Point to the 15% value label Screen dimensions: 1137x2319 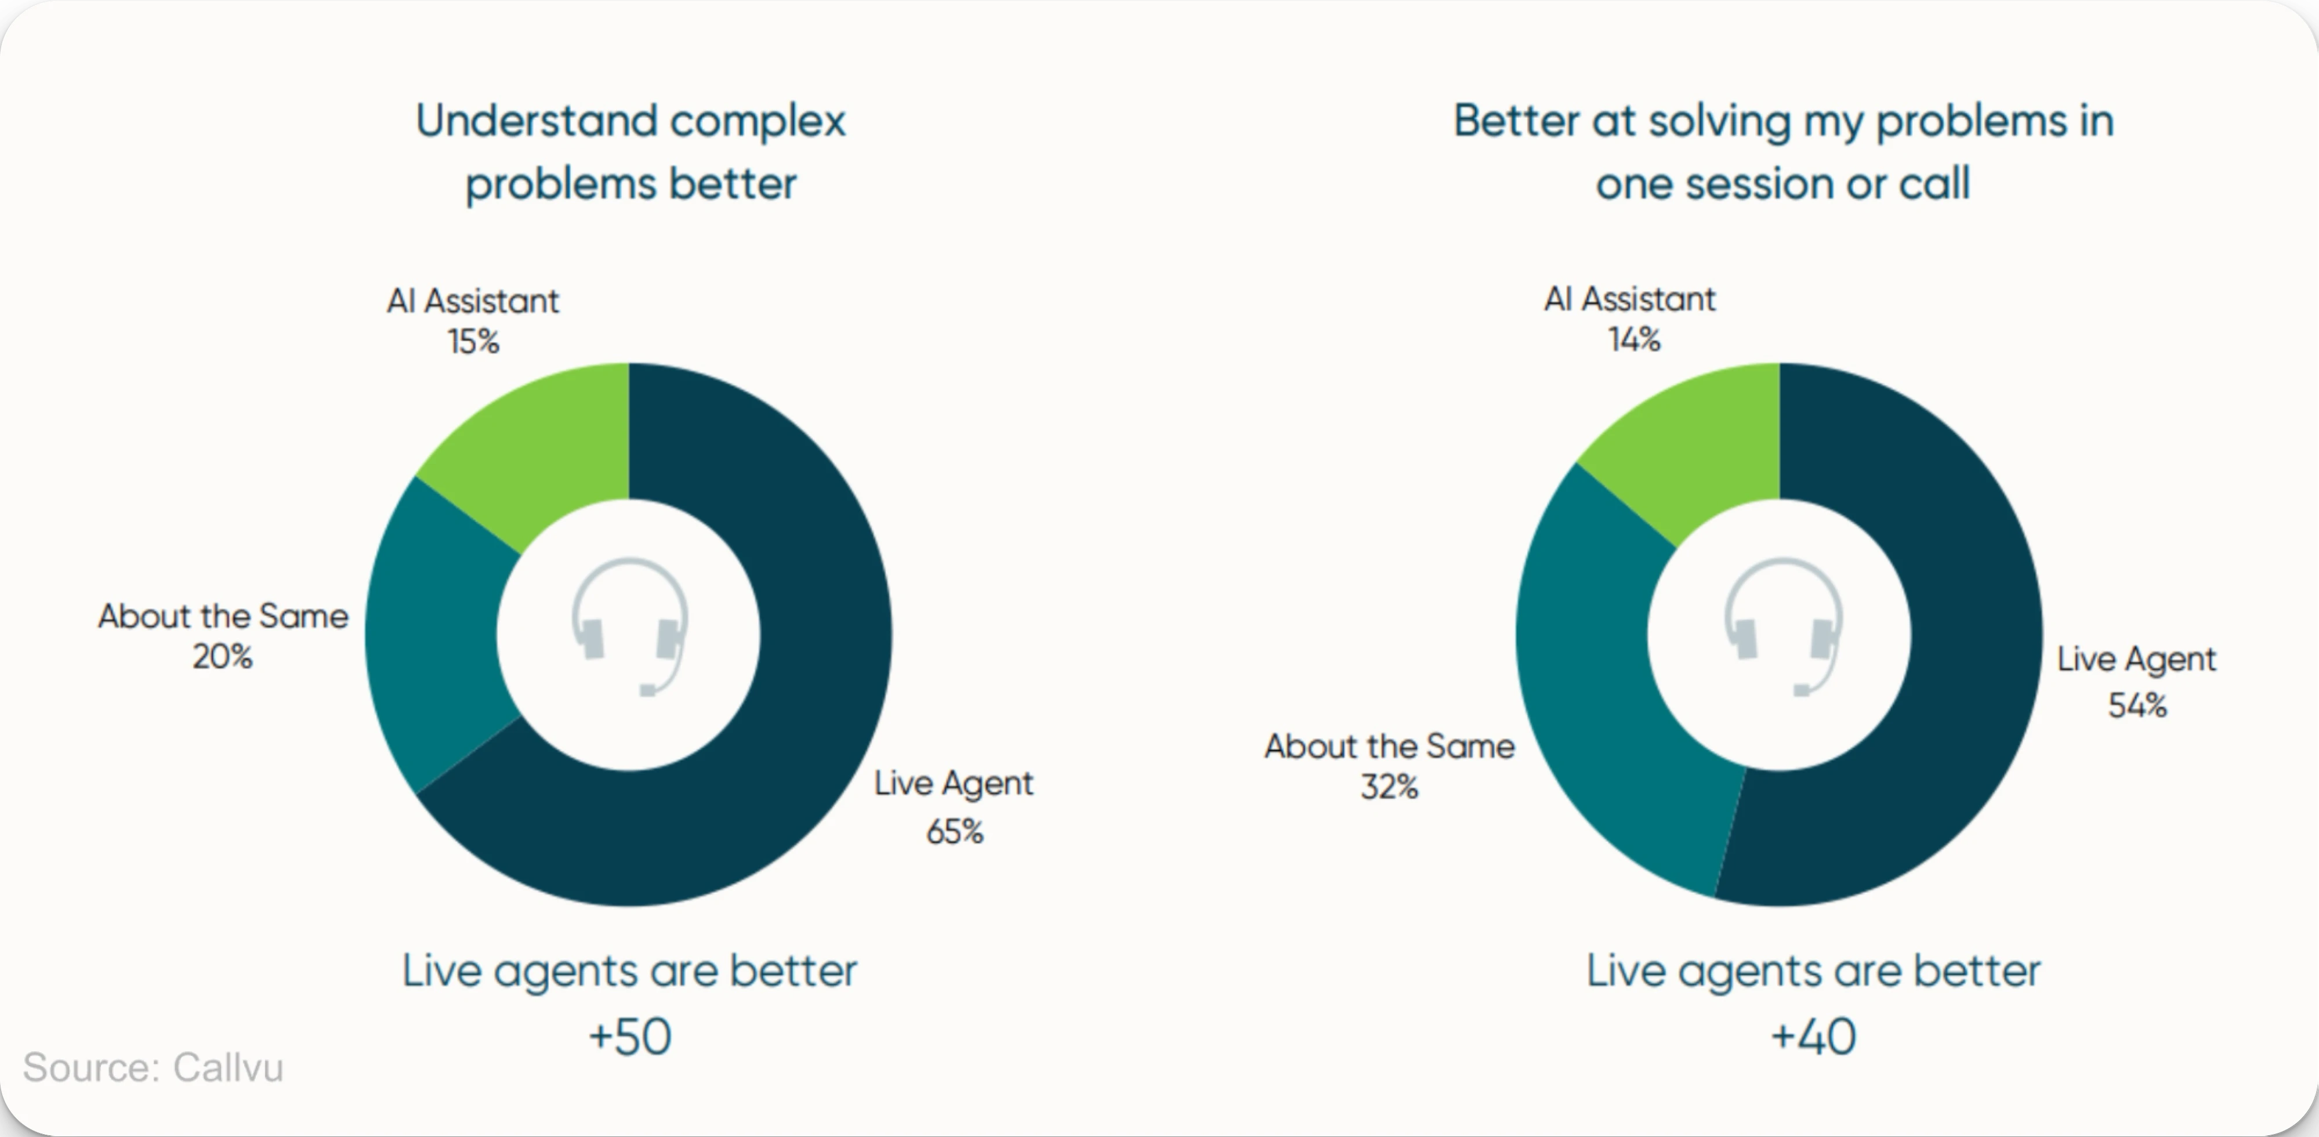(473, 341)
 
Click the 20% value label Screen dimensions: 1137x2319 (222, 656)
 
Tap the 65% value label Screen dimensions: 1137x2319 (954, 831)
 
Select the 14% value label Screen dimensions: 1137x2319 (1634, 339)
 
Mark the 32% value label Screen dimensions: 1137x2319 (1389, 787)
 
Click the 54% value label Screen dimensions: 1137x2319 (2137, 704)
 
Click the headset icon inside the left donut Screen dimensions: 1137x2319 (630, 626)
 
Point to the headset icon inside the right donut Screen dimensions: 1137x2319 (1782, 626)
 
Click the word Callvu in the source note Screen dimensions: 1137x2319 (228, 1068)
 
